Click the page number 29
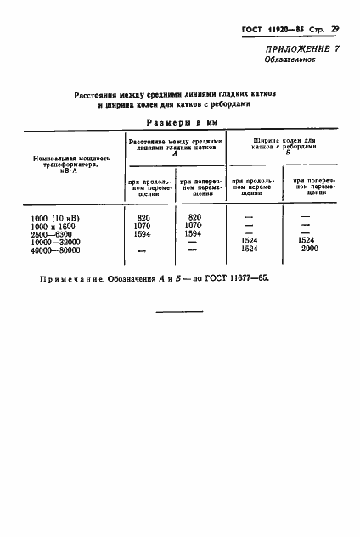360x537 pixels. pos(335,30)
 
